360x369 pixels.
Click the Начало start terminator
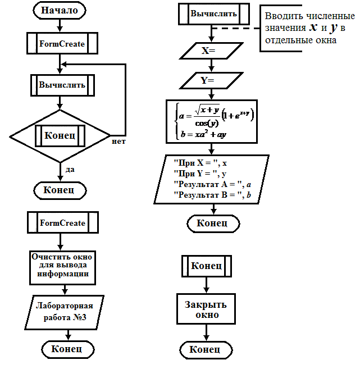point(60,10)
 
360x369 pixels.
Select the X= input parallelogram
point(211,51)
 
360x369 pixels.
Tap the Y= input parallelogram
point(211,80)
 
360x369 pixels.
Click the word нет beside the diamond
point(119,142)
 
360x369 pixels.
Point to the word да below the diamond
point(70,170)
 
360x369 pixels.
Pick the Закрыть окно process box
point(206,309)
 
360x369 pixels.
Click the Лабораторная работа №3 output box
point(65,312)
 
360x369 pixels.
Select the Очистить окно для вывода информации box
point(62,268)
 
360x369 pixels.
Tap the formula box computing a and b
point(212,121)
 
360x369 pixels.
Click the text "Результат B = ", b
point(212,195)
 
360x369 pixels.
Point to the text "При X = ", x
point(200,163)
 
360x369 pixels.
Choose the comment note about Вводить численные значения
point(307,28)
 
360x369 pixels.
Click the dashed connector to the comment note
point(235,28)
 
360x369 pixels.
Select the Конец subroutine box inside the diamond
point(60,136)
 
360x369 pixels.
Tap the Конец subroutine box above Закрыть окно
point(207,266)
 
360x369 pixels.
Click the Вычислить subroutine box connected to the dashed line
point(214,14)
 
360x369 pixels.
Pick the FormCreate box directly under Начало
point(62,43)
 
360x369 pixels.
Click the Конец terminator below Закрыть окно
point(206,350)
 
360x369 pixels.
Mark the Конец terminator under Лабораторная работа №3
point(68,349)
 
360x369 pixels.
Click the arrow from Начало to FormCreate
point(60,26)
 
